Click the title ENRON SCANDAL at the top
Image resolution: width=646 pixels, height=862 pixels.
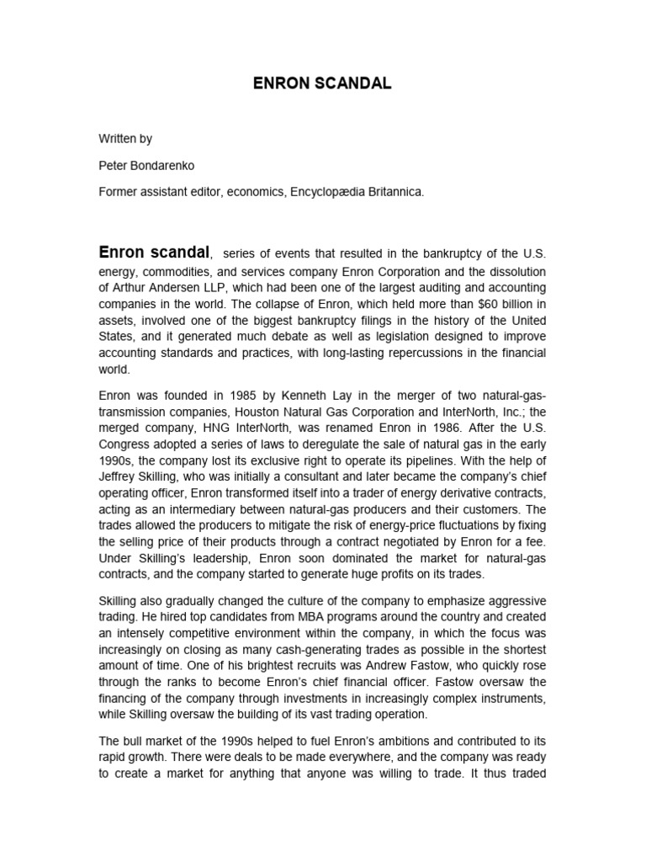(322, 84)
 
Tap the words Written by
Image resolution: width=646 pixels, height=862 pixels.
(125, 139)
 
